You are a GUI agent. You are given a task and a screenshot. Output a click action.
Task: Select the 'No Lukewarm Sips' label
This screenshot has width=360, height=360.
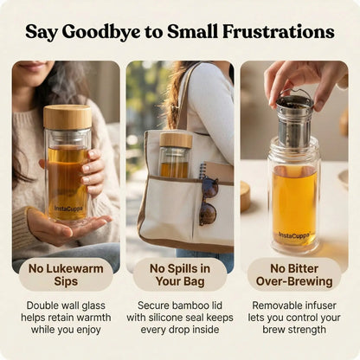66,274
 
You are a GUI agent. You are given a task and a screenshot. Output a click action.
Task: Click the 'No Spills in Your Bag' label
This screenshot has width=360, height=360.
180,274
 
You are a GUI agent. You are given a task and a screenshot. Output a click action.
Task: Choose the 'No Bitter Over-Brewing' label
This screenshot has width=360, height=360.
294,274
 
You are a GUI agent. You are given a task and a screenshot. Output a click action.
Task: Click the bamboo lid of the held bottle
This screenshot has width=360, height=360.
67,117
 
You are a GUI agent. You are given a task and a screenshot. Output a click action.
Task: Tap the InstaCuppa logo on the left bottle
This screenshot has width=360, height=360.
67,208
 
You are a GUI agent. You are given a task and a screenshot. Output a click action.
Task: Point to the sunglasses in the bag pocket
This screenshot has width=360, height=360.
209,201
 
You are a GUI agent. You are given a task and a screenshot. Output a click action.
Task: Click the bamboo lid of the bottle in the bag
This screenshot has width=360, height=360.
176,138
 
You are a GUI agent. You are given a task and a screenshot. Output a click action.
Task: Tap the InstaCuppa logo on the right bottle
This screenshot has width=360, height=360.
295,235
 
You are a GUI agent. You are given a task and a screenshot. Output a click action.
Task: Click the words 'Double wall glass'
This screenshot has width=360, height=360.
66,305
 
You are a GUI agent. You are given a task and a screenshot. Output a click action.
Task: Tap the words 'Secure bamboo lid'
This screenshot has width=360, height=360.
180,305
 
